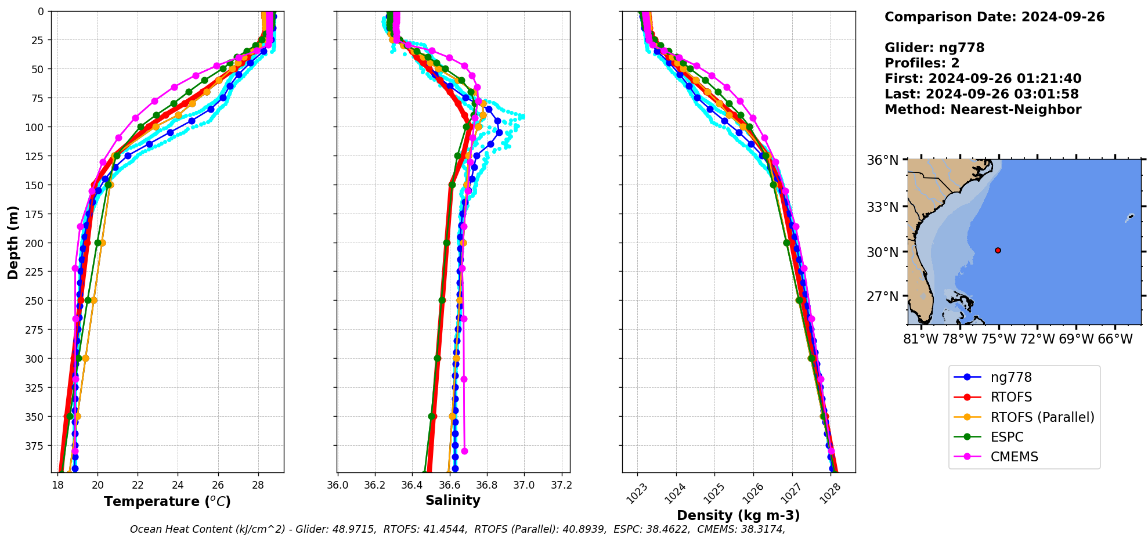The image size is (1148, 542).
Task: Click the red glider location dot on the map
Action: click(998, 251)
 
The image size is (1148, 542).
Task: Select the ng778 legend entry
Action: click(1010, 378)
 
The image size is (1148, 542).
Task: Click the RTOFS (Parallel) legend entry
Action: click(1042, 417)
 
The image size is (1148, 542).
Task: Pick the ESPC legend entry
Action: click(1006, 437)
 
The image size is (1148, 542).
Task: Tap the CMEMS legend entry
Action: click(1014, 457)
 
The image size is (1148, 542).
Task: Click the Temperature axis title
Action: click(167, 501)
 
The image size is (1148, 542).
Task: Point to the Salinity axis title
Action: click(453, 500)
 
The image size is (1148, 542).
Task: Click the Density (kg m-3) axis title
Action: click(738, 515)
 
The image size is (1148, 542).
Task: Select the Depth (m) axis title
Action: click(13, 242)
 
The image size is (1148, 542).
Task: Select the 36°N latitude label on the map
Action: click(882, 160)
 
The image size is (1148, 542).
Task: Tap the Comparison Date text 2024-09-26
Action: click(1063, 17)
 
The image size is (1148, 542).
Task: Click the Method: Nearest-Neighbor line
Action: click(983, 110)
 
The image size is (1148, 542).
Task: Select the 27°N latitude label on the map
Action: click(882, 297)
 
